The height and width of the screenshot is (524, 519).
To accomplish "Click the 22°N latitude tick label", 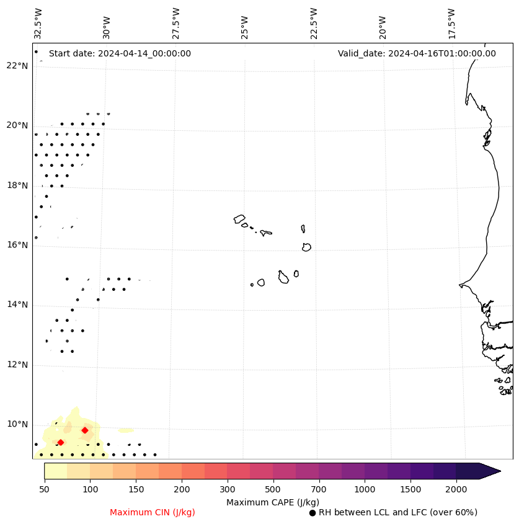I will click(17, 66).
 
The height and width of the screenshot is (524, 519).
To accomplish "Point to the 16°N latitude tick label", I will click(17, 245).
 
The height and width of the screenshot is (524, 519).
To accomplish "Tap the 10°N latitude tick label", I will click(17, 425).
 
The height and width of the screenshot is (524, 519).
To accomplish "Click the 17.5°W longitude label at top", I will click(451, 23).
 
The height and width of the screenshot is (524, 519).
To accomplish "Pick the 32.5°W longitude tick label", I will click(38, 23).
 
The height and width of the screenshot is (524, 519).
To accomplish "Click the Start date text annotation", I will click(120, 53).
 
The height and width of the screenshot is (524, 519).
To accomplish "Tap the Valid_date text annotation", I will click(417, 53).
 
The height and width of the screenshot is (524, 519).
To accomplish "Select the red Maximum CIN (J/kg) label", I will click(153, 513).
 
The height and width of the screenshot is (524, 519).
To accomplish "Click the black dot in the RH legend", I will click(313, 513).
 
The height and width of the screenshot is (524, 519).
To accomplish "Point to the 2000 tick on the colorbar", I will click(456, 490).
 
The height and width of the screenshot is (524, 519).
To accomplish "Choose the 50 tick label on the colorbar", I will click(44, 490).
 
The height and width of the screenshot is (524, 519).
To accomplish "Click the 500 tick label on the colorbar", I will click(273, 490).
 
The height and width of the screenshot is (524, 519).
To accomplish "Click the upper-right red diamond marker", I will click(85, 430).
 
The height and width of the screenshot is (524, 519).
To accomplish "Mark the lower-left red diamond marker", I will click(61, 442).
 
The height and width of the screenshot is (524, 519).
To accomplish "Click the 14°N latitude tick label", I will click(17, 305).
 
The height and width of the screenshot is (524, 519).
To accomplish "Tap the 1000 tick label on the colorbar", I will click(365, 490).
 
